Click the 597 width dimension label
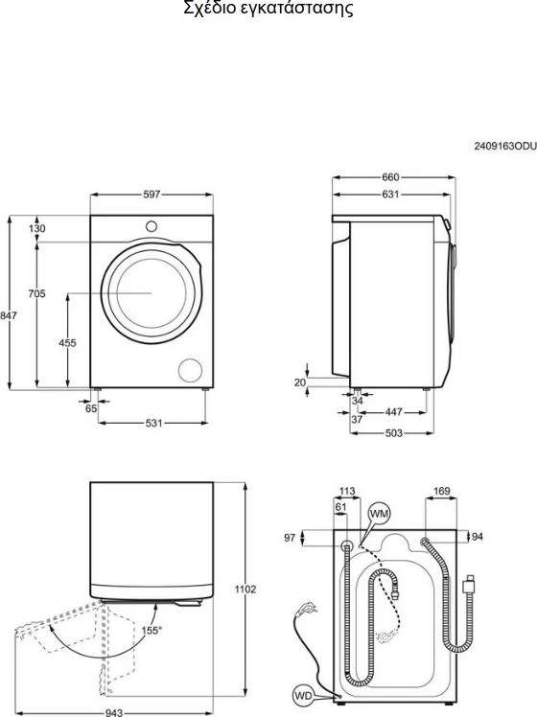[x=152, y=195]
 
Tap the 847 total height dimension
[x=9, y=315]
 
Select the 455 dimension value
[x=67, y=342]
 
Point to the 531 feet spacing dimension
[x=153, y=423]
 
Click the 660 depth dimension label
[x=390, y=177]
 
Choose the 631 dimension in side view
[x=390, y=195]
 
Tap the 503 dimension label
[x=393, y=432]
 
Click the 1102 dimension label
[x=245, y=590]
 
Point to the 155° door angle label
[x=152, y=631]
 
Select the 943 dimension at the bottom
[x=114, y=712]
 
